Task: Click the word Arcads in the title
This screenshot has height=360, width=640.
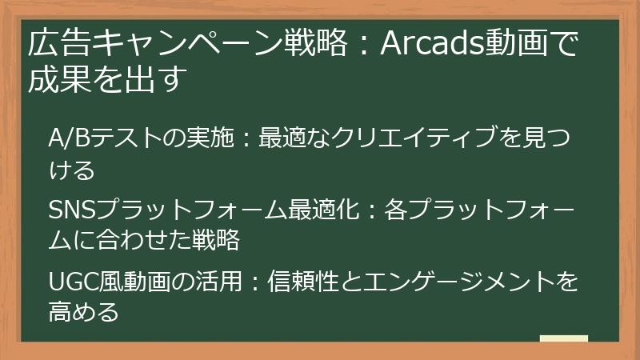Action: click(427, 43)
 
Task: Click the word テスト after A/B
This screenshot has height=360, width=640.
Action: click(119, 138)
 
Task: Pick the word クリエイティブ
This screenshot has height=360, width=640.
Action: click(421, 138)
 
